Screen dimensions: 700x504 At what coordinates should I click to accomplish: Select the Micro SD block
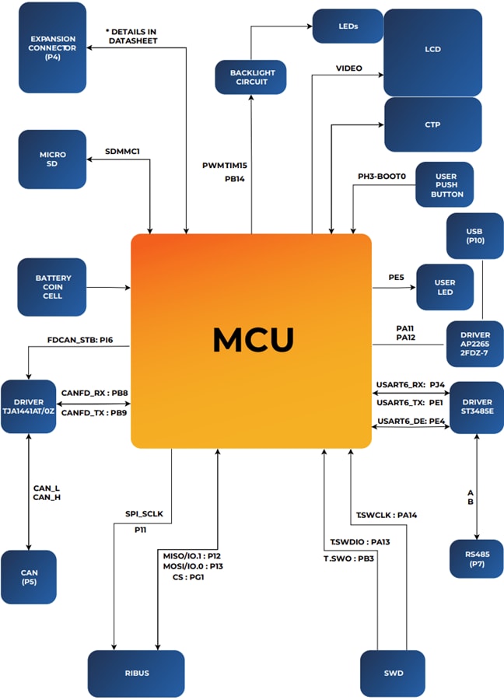(53, 159)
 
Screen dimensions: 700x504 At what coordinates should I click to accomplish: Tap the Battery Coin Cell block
(53, 287)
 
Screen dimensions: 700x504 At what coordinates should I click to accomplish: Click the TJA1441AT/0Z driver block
(29, 407)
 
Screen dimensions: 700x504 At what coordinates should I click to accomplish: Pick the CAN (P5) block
(29, 576)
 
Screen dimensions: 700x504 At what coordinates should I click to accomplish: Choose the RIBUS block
(136, 673)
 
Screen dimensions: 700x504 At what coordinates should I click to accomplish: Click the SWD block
(393, 673)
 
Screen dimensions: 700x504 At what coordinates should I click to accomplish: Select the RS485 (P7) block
(476, 558)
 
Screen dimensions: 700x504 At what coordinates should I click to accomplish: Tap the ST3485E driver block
(476, 407)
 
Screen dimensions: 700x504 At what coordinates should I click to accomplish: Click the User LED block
(445, 287)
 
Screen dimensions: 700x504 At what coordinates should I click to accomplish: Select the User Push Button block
(445, 184)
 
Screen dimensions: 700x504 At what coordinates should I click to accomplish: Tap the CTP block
(433, 124)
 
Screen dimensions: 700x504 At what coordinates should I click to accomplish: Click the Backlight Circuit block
(250, 77)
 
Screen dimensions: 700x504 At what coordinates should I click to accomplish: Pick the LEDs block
(348, 26)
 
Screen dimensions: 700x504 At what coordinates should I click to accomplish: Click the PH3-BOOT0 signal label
(382, 177)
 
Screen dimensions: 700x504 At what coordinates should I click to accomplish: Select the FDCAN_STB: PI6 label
(80, 340)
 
